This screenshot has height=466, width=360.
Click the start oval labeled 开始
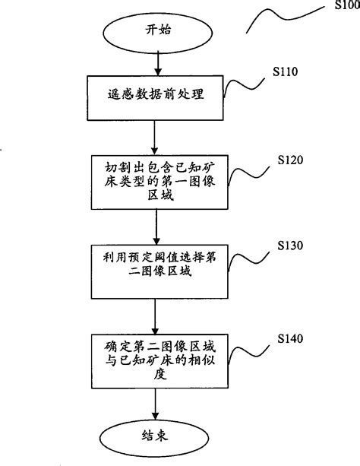pos(154,30)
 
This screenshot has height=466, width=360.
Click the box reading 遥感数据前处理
pos(154,97)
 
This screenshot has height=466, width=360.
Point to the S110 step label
pos(285,73)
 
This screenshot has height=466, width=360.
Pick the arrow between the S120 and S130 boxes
pos(154,227)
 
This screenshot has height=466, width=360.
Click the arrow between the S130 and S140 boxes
pos(154,313)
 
